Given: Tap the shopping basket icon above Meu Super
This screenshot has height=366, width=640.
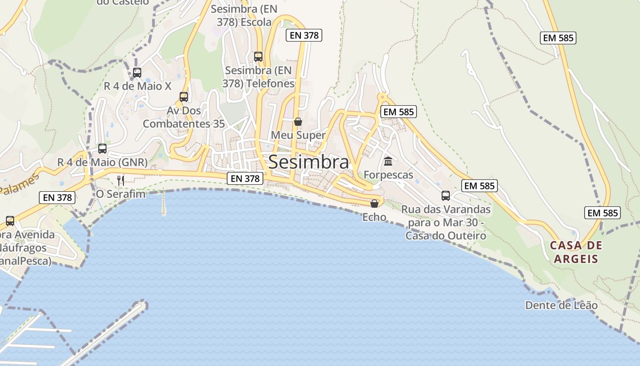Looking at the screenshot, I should [298, 122].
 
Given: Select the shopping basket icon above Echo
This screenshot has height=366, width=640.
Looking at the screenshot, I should [374, 204].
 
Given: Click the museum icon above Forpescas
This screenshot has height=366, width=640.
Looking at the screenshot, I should [388, 161].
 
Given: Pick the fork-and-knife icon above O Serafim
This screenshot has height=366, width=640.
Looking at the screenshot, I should [121, 180].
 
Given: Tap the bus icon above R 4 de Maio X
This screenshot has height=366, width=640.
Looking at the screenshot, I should [137, 72].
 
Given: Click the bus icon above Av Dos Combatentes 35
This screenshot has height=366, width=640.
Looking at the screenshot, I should [184, 97].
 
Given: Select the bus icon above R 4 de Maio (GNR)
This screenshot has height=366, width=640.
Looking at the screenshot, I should [102, 149].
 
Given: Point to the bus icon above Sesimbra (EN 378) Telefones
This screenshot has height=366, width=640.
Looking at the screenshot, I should [258, 57].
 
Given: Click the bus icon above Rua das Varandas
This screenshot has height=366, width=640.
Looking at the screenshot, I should [446, 196].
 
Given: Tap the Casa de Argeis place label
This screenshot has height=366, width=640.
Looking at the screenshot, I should [576, 252].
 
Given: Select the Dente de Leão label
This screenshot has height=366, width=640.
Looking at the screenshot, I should [561, 305].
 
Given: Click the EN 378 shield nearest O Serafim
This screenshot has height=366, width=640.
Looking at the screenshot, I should [57, 198].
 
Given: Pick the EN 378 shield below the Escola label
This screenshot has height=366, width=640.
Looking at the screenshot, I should [304, 35].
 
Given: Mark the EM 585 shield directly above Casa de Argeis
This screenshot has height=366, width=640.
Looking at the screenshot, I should [602, 213].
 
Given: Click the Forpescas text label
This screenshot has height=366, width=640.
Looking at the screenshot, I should [388, 175].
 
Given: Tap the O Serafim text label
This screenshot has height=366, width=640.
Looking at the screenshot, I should [121, 194].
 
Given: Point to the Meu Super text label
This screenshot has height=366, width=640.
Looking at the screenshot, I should [298, 135].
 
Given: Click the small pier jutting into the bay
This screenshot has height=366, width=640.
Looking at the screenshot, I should [163, 204].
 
